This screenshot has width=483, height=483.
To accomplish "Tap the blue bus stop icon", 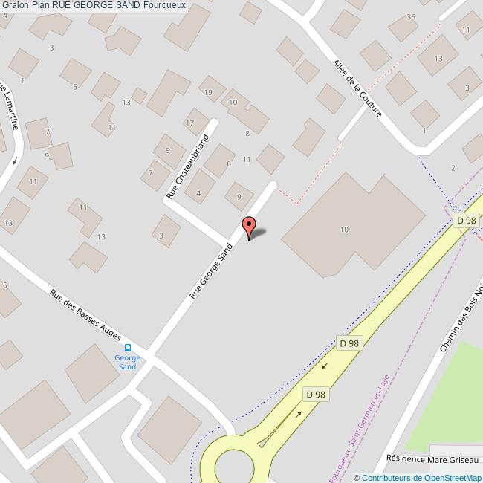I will pyautogui.click(x=127, y=347).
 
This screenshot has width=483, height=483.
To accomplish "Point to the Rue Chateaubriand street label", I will pyautogui.click(x=188, y=166).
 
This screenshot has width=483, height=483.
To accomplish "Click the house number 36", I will pyautogui.click(x=411, y=17).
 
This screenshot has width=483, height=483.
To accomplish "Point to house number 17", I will pyautogui.click(x=190, y=123).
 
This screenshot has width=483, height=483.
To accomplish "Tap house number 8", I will pyautogui.click(x=247, y=133).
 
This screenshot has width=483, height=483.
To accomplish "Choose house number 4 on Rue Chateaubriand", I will pyautogui.click(x=198, y=194).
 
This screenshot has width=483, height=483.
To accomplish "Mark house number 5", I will pyautogui.click(x=75, y=87).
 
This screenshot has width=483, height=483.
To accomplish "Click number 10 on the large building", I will pyautogui.click(x=344, y=230).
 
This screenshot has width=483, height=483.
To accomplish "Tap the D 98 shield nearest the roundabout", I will pyautogui.click(x=314, y=395).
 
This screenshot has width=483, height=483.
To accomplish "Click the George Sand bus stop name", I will pyautogui.click(x=126, y=362).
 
